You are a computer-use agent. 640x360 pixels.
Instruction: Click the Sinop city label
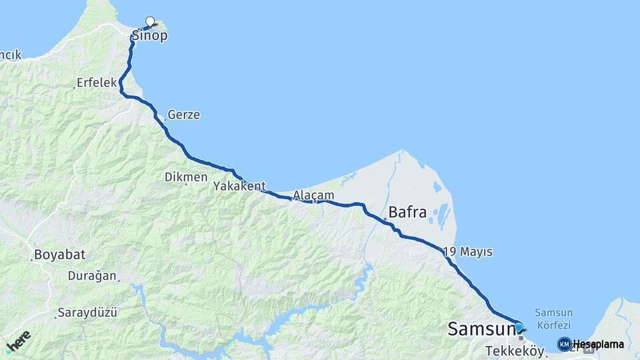click(149, 36)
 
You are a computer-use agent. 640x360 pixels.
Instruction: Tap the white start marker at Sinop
click(150, 21)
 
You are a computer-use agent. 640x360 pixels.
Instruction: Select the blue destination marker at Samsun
click(519, 327)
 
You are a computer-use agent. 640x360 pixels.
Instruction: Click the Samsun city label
click(480, 329)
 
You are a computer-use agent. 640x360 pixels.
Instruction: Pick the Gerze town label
click(183, 115)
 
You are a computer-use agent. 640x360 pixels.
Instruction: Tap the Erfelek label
click(97, 83)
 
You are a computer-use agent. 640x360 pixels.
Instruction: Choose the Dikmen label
click(186, 177)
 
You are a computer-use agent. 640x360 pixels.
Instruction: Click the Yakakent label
click(239, 187)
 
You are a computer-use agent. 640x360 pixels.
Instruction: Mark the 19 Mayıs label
click(467, 251)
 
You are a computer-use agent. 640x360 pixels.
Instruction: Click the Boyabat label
click(59, 255)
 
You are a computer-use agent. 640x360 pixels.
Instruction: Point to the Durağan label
click(92, 275)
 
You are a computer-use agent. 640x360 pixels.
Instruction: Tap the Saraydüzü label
click(87, 312)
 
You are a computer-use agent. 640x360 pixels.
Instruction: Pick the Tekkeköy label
click(515, 351)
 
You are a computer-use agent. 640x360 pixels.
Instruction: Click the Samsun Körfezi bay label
click(553, 318)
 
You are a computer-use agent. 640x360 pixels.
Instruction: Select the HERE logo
click(18, 341)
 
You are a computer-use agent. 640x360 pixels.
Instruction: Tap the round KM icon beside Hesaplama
click(564, 344)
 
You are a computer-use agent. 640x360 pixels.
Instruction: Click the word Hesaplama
click(598, 344)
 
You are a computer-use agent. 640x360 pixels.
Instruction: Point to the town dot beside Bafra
click(385, 219)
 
